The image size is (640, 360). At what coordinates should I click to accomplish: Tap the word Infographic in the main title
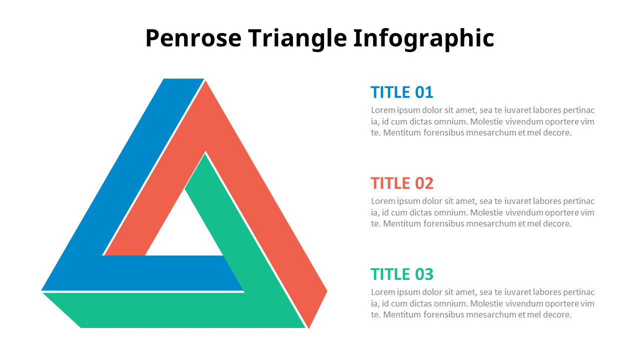point(423,38)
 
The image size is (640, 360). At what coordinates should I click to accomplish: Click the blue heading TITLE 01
point(401,92)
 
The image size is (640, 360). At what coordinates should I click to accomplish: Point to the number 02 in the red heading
point(424,183)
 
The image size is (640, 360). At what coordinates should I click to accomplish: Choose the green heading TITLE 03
point(401,274)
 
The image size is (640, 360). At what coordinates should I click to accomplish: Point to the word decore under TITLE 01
point(556,132)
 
